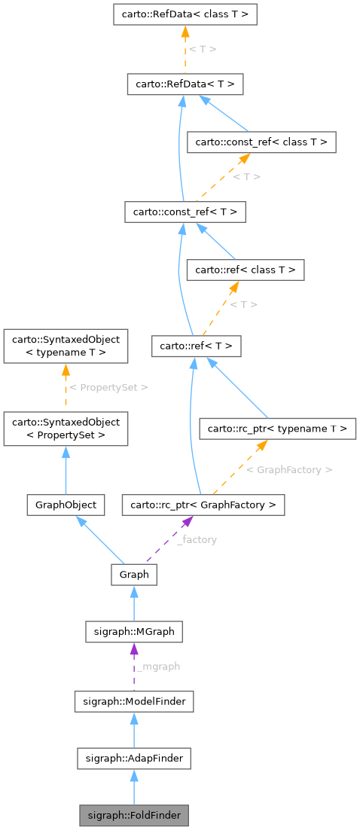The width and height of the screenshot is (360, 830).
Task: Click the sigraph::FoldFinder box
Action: pyautogui.click(x=133, y=815)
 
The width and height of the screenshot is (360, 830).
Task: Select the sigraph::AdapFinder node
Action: pyautogui.click(x=133, y=758)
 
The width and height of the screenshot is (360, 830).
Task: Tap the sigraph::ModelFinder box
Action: pyautogui.click(x=134, y=702)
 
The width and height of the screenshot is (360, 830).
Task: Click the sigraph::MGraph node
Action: pyautogui.click(x=133, y=631)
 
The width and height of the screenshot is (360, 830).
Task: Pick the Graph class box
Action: pyautogui.click(x=133, y=575)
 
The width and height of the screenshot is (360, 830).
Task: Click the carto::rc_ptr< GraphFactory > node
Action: pyautogui.click(x=203, y=504)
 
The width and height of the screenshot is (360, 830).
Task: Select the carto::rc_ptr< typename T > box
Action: pyautogui.click(x=276, y=429)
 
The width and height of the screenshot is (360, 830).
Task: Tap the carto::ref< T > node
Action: pyautogui.click(x=196, y=346)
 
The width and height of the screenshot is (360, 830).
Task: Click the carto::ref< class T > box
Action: pyautogui.click(x=246, y=270)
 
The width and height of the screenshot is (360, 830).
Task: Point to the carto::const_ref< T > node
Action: pyautogui.click(x=185, y=212)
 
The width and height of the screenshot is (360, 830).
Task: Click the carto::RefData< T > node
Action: pyautogui.click(x=185, y=84)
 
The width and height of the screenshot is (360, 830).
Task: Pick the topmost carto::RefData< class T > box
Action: pyautogui.click(x=185, y=14)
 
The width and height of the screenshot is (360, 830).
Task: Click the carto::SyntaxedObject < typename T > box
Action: pyautogui.click(x=66, y=346)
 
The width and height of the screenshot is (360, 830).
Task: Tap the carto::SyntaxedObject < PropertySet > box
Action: pyautogui.click(x=66, y=429)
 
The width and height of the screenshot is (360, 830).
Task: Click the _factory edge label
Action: pyautogui.click(x=197, y=540)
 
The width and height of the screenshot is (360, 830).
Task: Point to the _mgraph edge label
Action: pyautogui.click(x=158, y=667)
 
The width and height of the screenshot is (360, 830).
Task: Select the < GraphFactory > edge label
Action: pyautogui.click(x=288, y=469)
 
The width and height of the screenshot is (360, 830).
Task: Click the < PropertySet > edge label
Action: pyautogui.click(x=108, y=387)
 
